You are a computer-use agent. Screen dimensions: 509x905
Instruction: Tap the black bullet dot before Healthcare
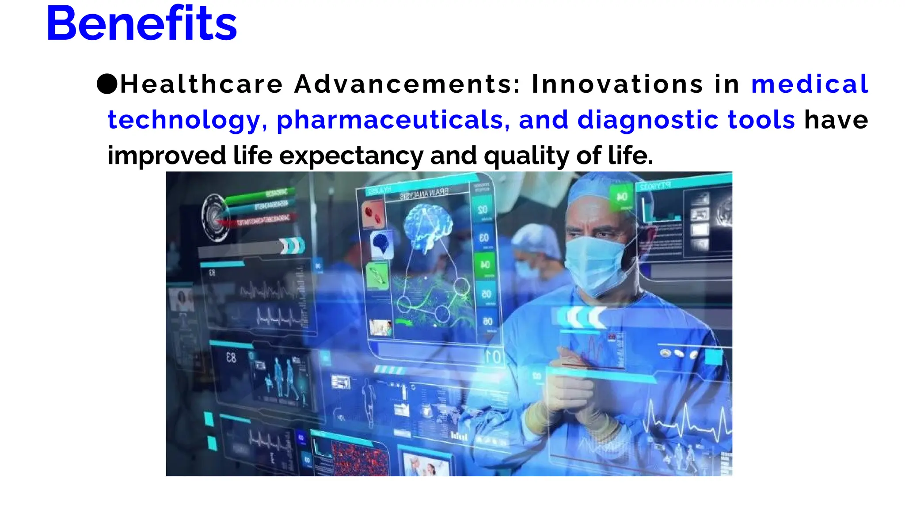[x=107, y=84]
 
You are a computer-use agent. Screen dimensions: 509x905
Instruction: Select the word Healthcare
[x=202, y=84]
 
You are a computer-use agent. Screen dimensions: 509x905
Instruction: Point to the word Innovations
[x=617, y=84]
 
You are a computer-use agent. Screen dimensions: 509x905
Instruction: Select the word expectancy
[x=351, y=156]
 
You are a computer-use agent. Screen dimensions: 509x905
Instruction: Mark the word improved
[x=167, y=156]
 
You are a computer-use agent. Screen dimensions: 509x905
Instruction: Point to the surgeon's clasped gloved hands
[x=570, y=389]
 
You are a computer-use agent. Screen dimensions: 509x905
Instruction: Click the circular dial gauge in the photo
[x=215, y=217]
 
